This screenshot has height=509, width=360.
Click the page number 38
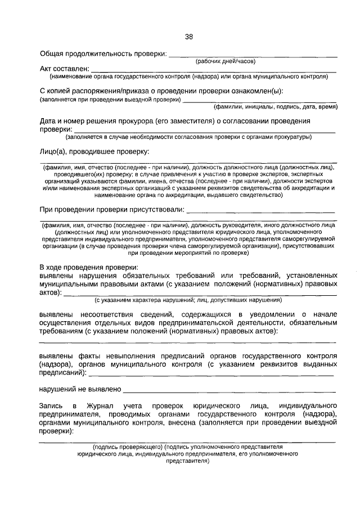click(x=188, y=37)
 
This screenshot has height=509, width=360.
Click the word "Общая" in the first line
click(x=52, y=54)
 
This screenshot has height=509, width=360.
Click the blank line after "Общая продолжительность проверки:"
click(x=253, y=56)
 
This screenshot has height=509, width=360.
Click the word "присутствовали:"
click(x=157, y=210)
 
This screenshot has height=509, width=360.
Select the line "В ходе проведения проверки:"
click(x=88, y=267)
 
